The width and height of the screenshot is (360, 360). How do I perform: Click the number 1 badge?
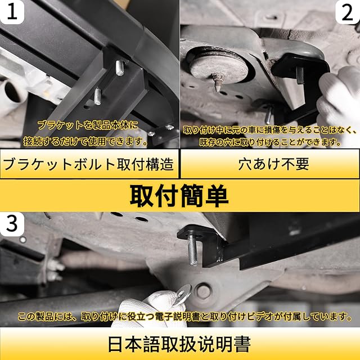point(12,11)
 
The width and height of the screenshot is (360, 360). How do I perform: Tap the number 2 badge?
point(348,12)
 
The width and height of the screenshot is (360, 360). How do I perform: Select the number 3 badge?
point(12,224)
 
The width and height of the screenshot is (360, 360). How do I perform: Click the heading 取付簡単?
point(179,196)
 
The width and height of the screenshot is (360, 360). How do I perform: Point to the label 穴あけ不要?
point(274,164)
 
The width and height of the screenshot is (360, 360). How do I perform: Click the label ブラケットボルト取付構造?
point(89,164)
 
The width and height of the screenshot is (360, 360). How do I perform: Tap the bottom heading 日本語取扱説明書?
point(179,344)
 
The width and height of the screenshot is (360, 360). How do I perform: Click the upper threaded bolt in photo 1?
point(119,67)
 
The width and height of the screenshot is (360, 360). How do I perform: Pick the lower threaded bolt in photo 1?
point(97,97)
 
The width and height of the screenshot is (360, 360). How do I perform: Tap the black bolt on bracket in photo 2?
point(300,75)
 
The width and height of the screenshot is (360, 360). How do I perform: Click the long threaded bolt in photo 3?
point(192,250)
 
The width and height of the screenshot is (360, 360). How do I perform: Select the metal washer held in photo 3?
point(183,294)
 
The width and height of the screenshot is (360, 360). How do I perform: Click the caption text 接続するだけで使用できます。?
point(85,141)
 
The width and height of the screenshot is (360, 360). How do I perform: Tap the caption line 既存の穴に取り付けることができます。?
point(270,142)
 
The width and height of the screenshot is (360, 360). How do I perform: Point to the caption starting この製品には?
point(184,317)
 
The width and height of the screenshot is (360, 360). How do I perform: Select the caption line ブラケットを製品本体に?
point(88,125)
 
